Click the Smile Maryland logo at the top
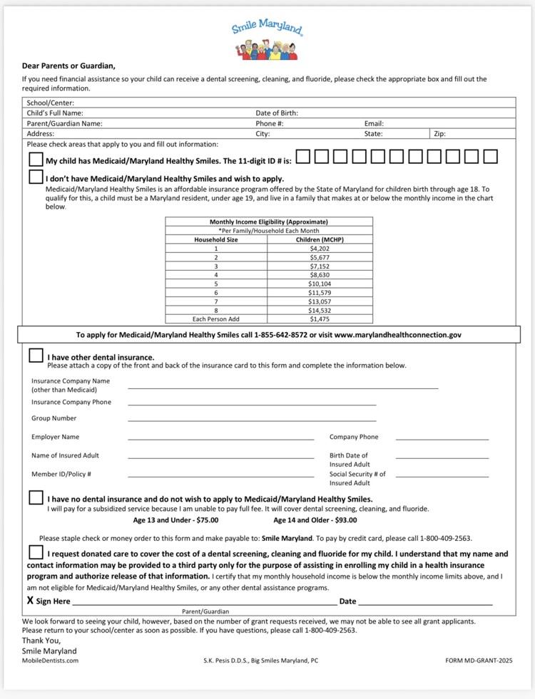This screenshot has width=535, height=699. point(267,40)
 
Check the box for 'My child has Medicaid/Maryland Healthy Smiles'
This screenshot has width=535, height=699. point(36,158)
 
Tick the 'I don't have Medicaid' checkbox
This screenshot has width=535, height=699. point(36,177)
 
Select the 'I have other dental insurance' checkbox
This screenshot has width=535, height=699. point(36,355)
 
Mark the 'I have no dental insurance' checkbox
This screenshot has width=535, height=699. point(36,497)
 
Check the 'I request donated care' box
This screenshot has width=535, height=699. point(36,552)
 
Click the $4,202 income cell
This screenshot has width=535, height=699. point(320,249)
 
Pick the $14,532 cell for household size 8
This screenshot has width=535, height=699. point(320,310)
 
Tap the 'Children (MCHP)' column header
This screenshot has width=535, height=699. point(320,240)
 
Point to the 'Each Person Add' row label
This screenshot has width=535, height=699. point(216,319)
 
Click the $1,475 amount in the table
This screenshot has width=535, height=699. point(320,319)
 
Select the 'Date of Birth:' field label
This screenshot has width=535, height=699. point(277,113)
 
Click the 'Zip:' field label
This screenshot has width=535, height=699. point(440,133)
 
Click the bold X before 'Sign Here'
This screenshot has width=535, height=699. point(30,601)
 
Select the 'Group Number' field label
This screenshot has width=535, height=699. point(53,418)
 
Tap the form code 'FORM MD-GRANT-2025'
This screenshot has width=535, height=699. point(478,661)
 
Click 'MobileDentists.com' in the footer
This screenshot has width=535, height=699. point(50,661)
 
